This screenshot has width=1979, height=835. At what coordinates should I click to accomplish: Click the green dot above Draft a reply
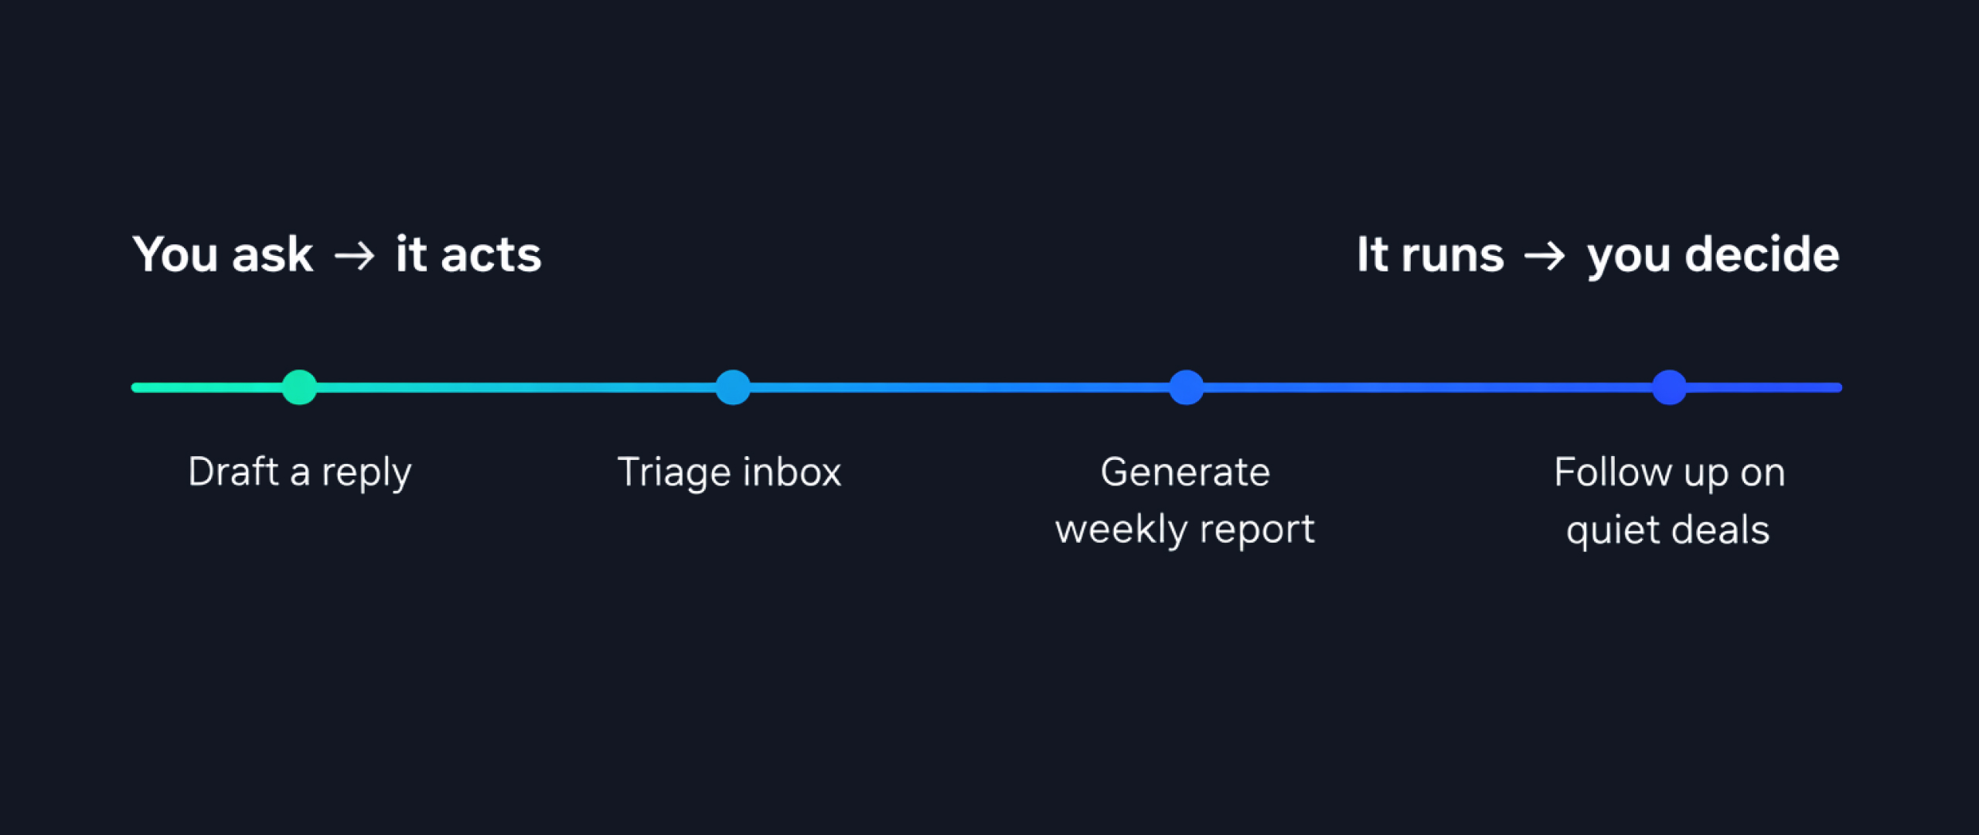pos(299,387)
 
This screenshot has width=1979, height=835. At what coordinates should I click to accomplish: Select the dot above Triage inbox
pos(732,387)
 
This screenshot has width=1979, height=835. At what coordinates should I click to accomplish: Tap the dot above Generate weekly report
pos(1186,387)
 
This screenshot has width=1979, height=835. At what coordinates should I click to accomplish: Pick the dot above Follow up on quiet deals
pos(1669,387)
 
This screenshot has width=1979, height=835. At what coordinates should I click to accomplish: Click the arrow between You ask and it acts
pos(355,255)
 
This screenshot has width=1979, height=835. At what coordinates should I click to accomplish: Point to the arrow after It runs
pos(1545,255)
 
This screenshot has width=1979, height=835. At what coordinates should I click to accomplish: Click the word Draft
pos(233,472)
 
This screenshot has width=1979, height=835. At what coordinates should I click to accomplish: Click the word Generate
pos(1185,472)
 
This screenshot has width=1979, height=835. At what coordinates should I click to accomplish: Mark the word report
pos(1257,530)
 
